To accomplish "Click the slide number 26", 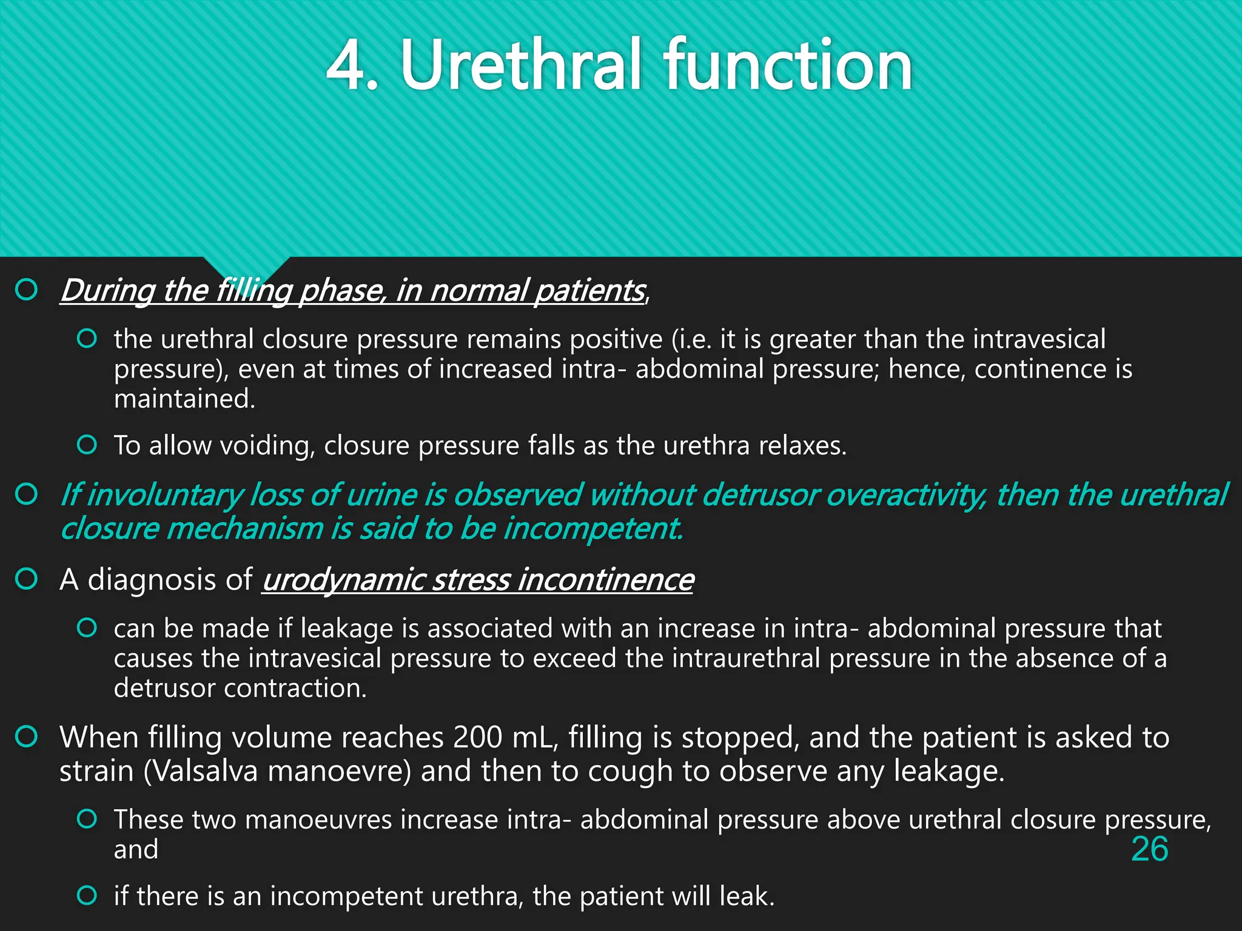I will click(1149, 849).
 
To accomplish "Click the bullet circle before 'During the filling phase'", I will click(27, 290).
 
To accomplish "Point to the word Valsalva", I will click(201, 772).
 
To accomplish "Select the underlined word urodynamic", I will click(343, 580).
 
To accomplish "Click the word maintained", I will click(184, 399).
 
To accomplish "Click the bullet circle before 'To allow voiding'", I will click(87, 445).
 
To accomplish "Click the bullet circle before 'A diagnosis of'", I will click(27, 579).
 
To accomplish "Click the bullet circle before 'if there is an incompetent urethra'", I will click(87, 895).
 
